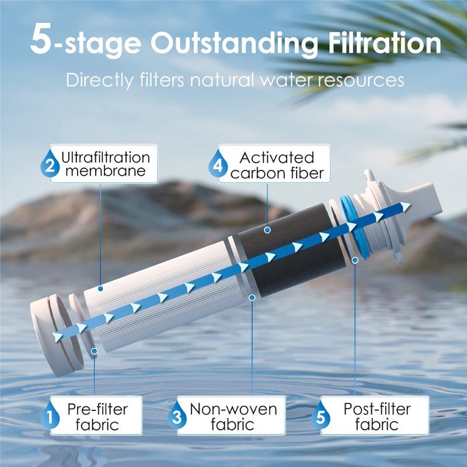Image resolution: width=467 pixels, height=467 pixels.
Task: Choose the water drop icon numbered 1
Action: (x=51, y=416)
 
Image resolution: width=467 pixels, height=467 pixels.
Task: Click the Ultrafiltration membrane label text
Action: (x=105, y=164)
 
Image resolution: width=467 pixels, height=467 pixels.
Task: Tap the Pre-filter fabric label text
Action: (x=101, y=416)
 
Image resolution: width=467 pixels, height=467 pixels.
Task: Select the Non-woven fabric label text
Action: (x=233, y=416)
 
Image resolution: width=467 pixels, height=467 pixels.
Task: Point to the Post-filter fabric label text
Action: (x=377, y=416)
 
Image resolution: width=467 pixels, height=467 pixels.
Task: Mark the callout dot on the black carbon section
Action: (x=267, y=230)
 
